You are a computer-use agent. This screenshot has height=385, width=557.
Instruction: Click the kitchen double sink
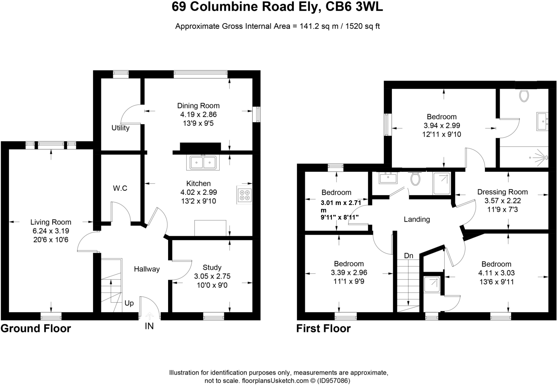click(x=203, y=163)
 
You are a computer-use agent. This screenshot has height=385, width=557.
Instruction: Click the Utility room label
click(x=120, y=128)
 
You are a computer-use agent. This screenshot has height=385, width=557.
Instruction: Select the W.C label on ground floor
click(x=120, y=188)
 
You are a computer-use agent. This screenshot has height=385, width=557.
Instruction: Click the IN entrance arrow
click(x=149, y=317)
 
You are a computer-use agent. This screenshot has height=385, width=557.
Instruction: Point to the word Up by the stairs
click(x=129, y=303)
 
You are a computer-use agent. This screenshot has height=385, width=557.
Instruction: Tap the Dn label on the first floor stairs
click(x=408, y=256)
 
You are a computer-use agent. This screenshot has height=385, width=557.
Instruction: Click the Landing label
click(x=416, y=219)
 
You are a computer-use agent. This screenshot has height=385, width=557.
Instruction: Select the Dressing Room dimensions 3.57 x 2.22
click(x=502, y=201)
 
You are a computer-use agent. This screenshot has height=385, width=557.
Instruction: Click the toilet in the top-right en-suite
click(x=524, y=96)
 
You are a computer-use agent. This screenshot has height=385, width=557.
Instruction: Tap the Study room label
click(x=212, y=267)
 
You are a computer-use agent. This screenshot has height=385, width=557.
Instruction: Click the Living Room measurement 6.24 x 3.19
click(x=51, y=231)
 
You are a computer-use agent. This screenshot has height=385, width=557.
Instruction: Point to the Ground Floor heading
click(x=36, y=329)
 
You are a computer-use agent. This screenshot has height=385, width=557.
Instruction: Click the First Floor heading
click(x=323, y=329)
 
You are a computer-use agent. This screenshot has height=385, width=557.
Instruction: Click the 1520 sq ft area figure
click(x=362, y=26)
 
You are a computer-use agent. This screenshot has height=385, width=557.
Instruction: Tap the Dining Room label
click(x=198, y=106)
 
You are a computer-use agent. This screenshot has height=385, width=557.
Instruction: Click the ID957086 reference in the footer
click(x=333, y=381)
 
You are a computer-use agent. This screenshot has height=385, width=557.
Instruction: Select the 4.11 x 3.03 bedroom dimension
click(x=496, y=273)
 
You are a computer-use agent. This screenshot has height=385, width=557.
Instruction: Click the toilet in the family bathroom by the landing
click(x=415, y=179)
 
